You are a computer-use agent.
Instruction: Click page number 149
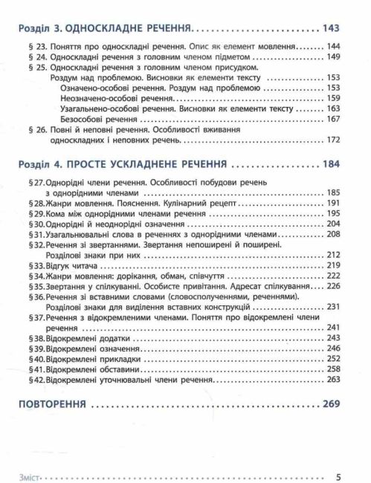tap(333, 56)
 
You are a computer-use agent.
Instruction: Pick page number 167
tap(333, 119)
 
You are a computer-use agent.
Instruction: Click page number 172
tap(333, 140)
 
